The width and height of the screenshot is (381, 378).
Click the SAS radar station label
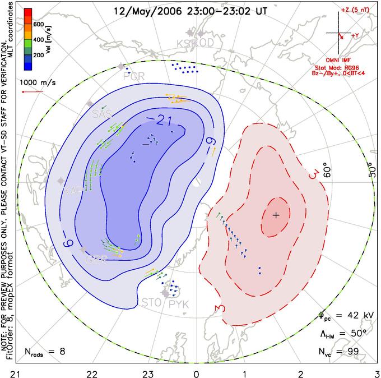tap(102, 114)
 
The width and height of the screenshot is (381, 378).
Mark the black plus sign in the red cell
tap(276, 215)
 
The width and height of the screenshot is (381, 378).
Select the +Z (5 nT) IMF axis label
tap(355, 11)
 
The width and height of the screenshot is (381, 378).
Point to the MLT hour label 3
tap(377, 372)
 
